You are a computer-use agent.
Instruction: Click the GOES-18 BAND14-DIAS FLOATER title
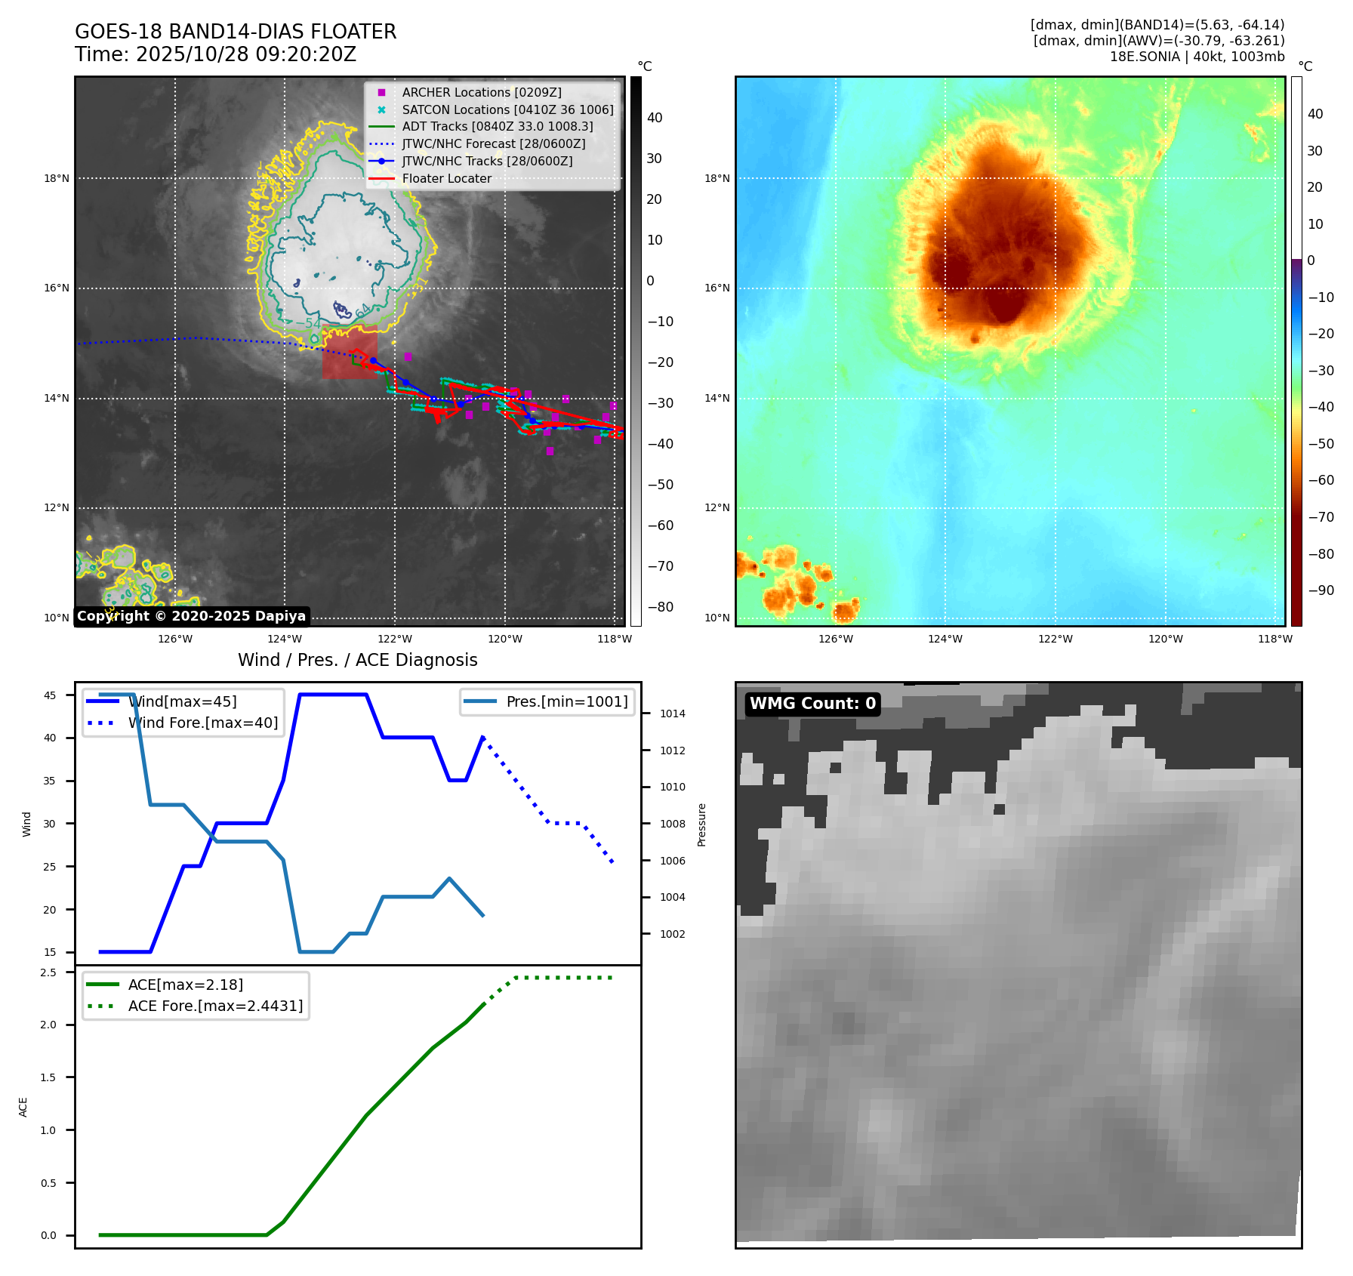pyautogui.click(x=236, y=32)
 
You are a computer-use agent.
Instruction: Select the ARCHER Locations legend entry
pyautogui.click(x=481, y=92)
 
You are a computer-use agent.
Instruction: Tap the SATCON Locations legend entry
pyautogui.click(x=507, y=109)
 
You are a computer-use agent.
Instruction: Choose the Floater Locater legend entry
pyautogui.click(x=446, y=178)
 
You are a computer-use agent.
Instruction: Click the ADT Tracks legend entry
pyautogui.click(x=497, y=127)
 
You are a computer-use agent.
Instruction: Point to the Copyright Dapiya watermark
pyautogui.click(x=191, y=616)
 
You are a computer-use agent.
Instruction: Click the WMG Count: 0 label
pyautogui.click(x=812, y=704)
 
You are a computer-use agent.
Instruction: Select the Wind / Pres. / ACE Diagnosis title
pyautogui.click(x=357, y=660)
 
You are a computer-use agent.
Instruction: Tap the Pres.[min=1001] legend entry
pyautogui.click(x=566, y=701)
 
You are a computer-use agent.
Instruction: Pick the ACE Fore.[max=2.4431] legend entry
pyautogui.click(x=215, y=1006)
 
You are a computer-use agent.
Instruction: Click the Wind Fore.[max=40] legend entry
pyautogui.click(x=202, y=723)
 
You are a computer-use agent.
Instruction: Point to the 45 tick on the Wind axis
pyautogui.click(x=50, y=695)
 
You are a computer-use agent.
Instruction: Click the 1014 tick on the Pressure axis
pyautogui.click(x=673, y=714)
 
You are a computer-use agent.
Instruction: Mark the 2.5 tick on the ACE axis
pyautogui.click(x=48, y=972)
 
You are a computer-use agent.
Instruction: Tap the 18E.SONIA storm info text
pyautogui.click(x=1197, y=57)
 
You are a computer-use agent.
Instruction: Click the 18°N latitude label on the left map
pyautogui.click(x=57, y=179)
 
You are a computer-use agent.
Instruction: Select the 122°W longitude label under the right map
pyautogui.click(x=1055, y=639)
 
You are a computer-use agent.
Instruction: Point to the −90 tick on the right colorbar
pyautogui.click(x=1321, y=590)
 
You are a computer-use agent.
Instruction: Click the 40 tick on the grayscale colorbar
pyautogui.click(x=655, y=118)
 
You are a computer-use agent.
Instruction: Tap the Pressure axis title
pyautogui.click(x=701, y=824)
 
